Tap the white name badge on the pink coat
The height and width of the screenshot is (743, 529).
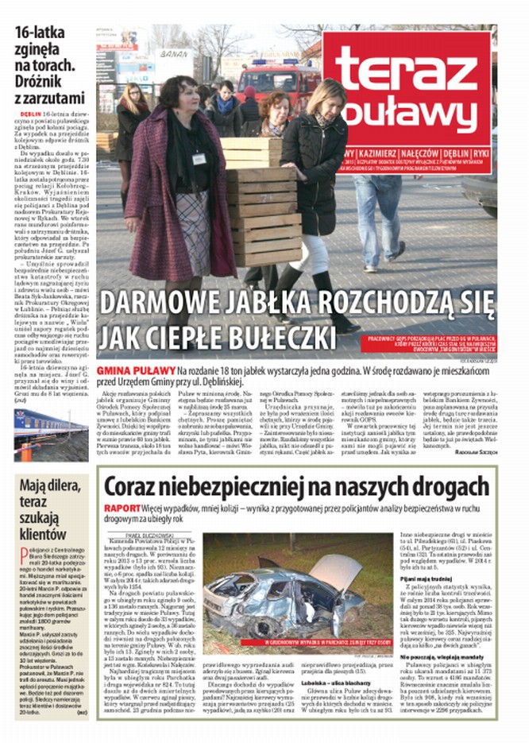[199, 159]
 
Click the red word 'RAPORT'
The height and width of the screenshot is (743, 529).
[122, 508]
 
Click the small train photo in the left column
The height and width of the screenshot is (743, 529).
[49, 433]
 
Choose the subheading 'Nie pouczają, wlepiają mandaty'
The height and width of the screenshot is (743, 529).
[442, 658]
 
